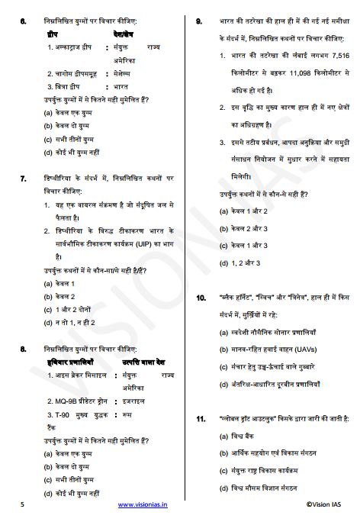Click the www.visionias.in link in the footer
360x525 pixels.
tap(143, 505)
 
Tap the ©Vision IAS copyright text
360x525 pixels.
tap(328, 505)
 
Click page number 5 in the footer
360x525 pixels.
tap(23, 505)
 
